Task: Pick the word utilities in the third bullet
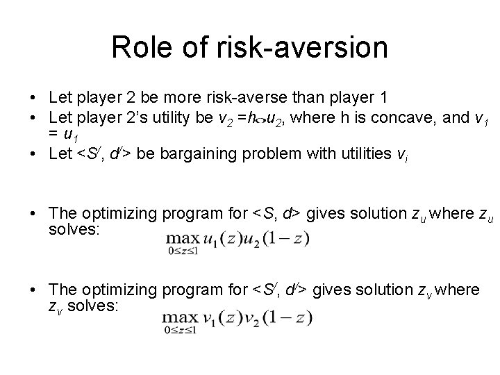tap(328, 153)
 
